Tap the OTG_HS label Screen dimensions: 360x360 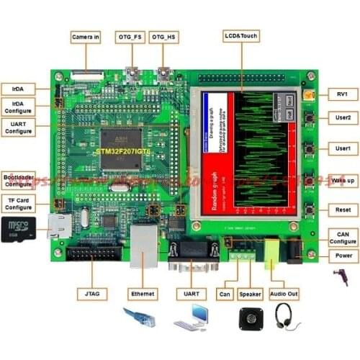click(163, 35)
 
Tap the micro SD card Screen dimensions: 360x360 click(16, 229)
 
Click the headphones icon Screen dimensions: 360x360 click(287, 317)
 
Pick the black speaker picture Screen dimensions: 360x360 click(252, 318)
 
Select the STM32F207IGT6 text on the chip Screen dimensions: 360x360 click(123, 152)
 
